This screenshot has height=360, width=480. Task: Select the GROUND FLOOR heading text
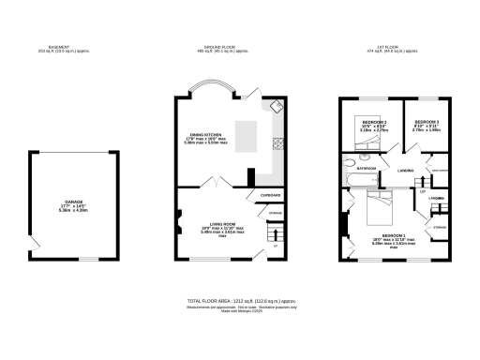click(221, 48)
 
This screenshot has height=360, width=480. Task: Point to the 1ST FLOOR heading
click(390, 48)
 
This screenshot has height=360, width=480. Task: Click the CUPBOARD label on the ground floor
click(270, 195)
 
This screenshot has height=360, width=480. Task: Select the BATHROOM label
click(365, 169)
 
